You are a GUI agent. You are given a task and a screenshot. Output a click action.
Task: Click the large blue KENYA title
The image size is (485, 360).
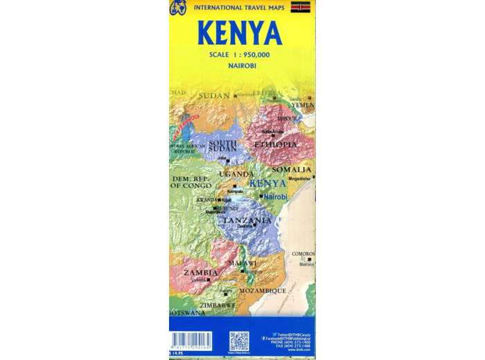(240, 33)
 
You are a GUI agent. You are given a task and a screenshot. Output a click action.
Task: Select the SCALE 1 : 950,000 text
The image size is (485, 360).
(240, 54)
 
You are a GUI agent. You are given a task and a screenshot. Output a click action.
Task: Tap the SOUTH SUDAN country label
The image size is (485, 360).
(222, 146)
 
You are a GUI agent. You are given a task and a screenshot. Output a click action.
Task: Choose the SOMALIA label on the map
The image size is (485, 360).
(292, 170)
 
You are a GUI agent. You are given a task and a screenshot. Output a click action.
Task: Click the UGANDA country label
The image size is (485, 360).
(236, 174)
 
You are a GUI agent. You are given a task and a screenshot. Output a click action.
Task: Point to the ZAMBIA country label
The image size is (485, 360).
(201, 273)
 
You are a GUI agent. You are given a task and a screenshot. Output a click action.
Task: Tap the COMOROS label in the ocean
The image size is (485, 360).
(303, 254)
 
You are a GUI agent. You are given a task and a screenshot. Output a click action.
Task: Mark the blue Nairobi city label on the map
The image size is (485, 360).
(275, 197)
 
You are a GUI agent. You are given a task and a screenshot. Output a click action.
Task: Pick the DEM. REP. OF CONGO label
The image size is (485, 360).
(191, 183)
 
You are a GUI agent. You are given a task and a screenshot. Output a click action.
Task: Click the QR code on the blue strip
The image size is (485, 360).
(239, 341)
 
